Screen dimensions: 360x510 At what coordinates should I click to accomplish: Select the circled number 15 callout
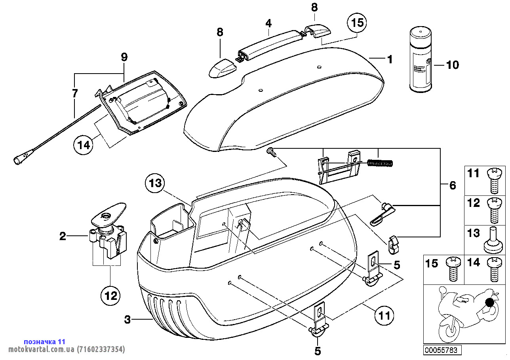tap(357, 23)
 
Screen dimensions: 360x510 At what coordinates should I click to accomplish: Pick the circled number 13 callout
tap(156, 183)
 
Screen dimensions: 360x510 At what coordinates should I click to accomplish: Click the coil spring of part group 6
tap(380, 162)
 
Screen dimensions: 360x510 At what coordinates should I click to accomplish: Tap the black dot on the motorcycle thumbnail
tap(491, 303)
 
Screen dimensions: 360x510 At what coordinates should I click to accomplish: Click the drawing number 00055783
tap(441, 350)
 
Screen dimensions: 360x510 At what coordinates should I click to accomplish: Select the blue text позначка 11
tap(44, 341)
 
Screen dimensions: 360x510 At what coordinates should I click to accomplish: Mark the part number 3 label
tap(127, 320)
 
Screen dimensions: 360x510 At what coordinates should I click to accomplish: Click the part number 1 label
tap(390, 59)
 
